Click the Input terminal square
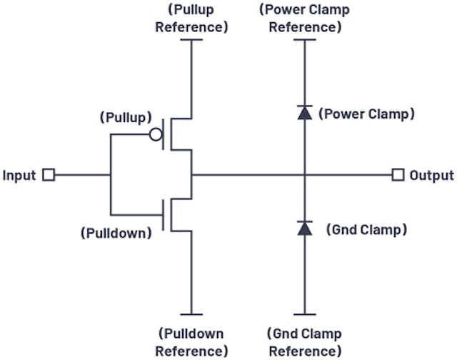pyautogui.click(x=49, y=175)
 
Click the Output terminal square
pyautogui.click(x=398, y=175)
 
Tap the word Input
pyautogui.click(x=19, y=175)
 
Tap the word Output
pyautogui.click(x=431, y=175)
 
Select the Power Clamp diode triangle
pyautogui.click(x=305, y=112)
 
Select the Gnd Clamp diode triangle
pyautogui.click(x=305, y=228)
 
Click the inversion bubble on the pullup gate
pyautogui.click(x=156, y=134)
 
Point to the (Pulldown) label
pyautogui.click(x=117, y=233)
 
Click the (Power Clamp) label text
pyautogui.click(x=366, y=114)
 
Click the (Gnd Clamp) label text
pyautogui.click(x=366, y=230)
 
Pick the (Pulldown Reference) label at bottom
pyautogui.click(x=191, y=342)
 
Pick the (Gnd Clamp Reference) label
pyautogui.click(x=305, y=342)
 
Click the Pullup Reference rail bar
pyautogui.click(x=191, y=40)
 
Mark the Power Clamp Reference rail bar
pyautogui.click(x=305, y=40)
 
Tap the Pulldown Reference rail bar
pyautogui.click(x=191, y=314)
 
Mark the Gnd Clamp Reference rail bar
pyautogui.click(x=305, y=314)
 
